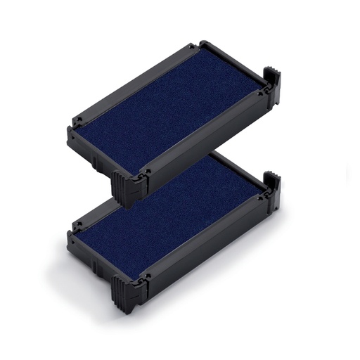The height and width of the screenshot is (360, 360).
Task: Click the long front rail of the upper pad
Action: click(204, 134)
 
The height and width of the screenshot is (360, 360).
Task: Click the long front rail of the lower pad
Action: click(204, 243)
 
